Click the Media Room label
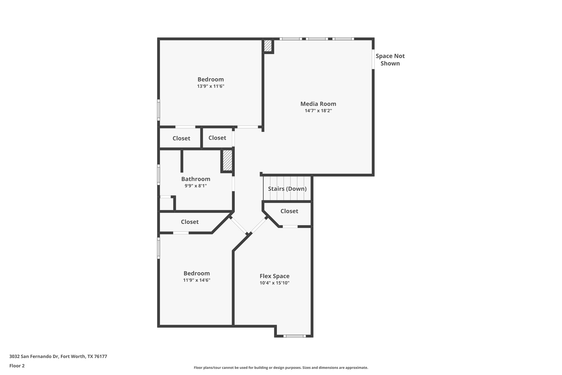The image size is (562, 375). [x=318, y=104]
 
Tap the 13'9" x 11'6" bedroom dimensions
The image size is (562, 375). [x=210, y=86]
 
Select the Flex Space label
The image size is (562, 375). [x=274, y=276]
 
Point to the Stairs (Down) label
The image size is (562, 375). [x=287, y=189]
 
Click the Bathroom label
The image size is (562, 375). [x=196, y=179]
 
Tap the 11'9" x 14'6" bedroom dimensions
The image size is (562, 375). [x=196, y=280]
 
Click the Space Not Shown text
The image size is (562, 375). [x=390, y=60]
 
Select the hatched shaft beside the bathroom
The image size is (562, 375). [x=227, y=160]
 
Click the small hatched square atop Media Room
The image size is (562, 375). [x=268, y=46]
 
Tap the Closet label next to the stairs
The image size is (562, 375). [x=289, y=211]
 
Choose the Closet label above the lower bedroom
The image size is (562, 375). [x=190, y=222]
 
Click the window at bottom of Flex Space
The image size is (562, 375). [x=294, y=336]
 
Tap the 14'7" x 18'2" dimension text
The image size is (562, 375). [x=318, y=111]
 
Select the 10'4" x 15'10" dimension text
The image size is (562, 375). [x=274, y=283]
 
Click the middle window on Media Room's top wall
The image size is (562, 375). [x=317, y=39]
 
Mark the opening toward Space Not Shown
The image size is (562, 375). [x=373, y=59]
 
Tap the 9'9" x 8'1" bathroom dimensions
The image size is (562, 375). [x=196, y=186]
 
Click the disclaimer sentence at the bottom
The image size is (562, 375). [x=281, y=368]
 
